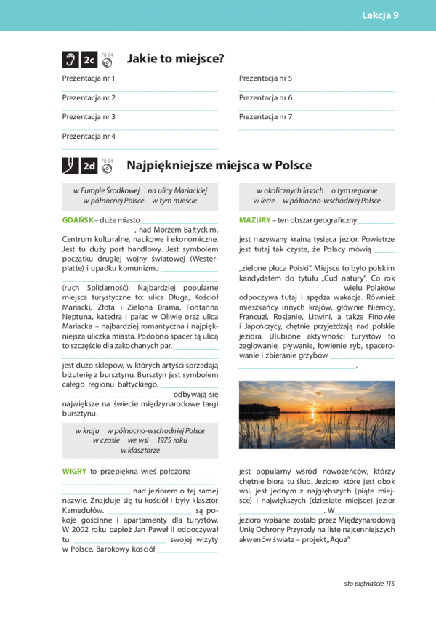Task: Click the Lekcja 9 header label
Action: [x=380, y=15]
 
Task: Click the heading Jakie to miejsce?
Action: [x=175, y=59]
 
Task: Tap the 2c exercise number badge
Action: [x=89, y=60]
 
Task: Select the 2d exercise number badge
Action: [x=89, y=166]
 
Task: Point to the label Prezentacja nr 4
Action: [x=89, y=136]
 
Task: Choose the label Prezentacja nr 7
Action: [x=265, y=116]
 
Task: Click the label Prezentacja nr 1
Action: [x=89, y=78]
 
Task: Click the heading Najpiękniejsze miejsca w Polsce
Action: [x=219, y=165]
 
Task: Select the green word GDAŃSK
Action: [x=78, y=219]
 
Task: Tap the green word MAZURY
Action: [x=254, y=219]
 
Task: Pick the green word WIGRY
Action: [x=75, y=471]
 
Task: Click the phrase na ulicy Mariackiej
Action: [x=177, y=190]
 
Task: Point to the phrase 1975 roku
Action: [x=171, y=440]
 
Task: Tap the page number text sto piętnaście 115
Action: [x=368, y=583]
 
